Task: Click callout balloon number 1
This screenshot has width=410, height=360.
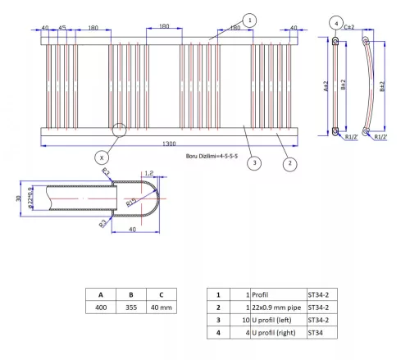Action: coord(250,20)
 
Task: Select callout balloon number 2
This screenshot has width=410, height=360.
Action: coord(289,163)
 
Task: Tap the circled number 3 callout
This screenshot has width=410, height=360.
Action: coord(255,163)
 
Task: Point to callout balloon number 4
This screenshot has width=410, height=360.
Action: coord(336,22)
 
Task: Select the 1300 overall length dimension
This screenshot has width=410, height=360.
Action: coord(169,144)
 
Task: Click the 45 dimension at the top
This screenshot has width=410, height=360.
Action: coord(62,26)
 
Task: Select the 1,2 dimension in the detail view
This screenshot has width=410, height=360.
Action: coord(148,173)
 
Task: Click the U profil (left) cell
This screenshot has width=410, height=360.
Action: coord(275,320)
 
